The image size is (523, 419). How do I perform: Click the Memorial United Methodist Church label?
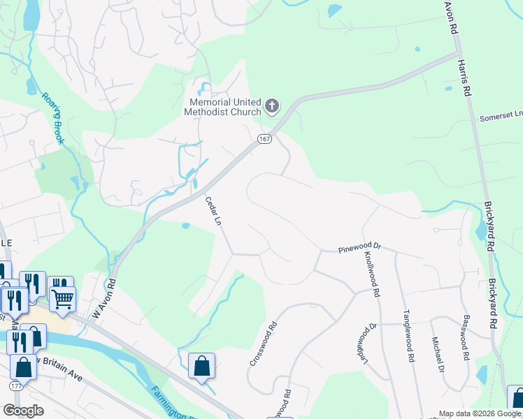coord(222,107)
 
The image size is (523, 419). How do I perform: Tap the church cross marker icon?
coord(271,107)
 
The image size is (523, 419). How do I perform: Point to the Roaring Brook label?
coord(52,118)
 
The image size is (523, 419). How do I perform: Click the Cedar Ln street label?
coord(213,211)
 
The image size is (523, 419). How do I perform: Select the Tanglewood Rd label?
coord(408,335)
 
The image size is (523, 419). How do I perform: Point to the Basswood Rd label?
coord(465,337)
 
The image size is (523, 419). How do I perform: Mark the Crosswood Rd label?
coord(264,344)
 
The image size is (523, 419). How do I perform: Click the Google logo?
coord(23,411)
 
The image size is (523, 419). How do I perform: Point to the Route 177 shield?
coord(15,385)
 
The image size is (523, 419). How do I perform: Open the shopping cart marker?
coord(63,300)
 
